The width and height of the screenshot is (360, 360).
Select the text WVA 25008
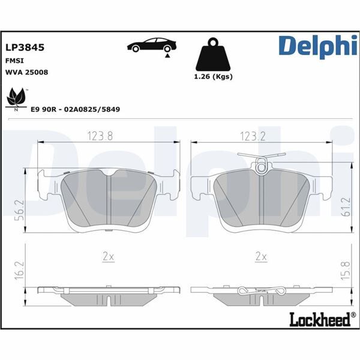pyautogui.click(x=26, y=72)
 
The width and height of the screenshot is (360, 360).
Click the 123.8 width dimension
pyautogui.click(x=101, y=136)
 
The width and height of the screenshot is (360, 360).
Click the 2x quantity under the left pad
pyautogui.click(x=108, y=256)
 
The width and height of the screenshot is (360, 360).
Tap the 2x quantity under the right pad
pyautogui.click(x=260, y=256)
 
